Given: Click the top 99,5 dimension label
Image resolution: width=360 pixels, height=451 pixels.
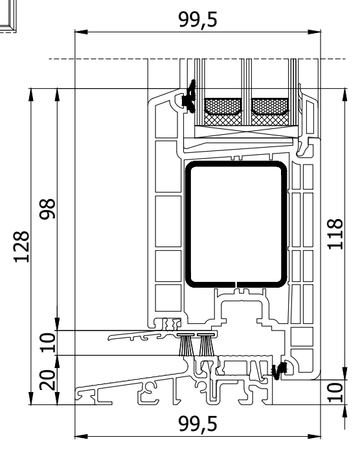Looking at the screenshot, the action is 197,19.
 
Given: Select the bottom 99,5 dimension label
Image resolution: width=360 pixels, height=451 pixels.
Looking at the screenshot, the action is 197,424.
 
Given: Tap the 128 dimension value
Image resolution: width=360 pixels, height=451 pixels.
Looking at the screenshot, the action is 21,247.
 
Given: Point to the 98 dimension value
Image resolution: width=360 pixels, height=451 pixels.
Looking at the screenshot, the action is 47,209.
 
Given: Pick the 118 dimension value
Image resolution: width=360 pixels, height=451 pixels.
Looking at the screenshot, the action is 335,234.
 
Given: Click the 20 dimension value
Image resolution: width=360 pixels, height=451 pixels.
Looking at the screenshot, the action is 47,380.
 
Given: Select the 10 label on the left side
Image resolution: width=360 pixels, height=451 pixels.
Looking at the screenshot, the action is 47,343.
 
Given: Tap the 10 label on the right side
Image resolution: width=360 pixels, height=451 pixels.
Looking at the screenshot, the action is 335,392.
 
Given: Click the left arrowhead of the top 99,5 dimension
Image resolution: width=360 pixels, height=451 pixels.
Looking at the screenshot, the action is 81,32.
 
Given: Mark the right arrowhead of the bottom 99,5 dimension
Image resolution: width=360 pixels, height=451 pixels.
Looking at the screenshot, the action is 314,436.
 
